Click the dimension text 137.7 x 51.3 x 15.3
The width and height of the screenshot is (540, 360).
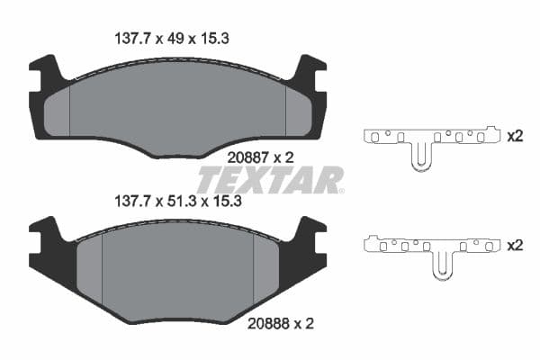coord(180,202)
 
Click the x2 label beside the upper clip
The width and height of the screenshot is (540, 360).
coord(515,137)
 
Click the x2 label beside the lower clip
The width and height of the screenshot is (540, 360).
coord(515,244)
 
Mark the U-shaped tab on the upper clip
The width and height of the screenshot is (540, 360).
coord(418,157)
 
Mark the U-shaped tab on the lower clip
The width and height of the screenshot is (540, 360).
coord(442,265)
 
